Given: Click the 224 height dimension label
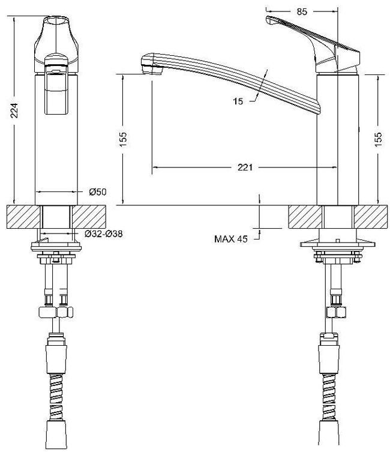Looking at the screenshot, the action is (x=14, y=110).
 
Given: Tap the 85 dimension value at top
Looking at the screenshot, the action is (x=302, y=11).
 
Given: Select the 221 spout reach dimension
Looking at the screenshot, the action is (x=245, y=167).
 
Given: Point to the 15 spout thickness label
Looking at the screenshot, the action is (x=238, y=101).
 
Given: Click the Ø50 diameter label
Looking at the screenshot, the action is (x=98, y=192).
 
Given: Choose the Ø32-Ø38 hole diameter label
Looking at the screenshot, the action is (x=104, y=234).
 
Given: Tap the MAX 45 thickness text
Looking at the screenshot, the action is (x=231, y=239).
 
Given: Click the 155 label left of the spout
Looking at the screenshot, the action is (x=123, y=139).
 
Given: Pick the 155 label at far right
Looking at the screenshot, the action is (x=378, y=140).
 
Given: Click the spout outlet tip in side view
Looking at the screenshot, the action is (x=151, y=70).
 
